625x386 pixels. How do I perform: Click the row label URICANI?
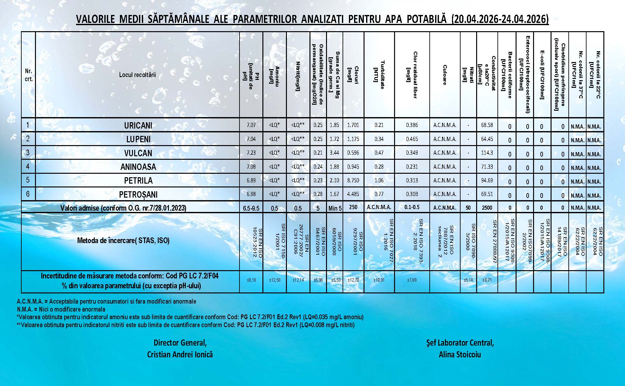click(x=138, y=125)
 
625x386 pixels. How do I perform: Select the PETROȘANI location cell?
click(x=138, y=194)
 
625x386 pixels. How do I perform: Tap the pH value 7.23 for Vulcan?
click(x=251, y=153)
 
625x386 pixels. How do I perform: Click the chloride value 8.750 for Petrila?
click(x=353, y=180)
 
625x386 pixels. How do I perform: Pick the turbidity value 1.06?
click(x=379, y=180)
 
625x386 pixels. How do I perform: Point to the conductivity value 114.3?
click(x=487, y=153)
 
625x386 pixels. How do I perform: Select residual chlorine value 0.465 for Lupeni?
click(x=412, y=139)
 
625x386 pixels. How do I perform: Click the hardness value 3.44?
click(x=334, y=153)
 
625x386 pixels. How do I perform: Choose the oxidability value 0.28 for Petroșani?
click(x=318, y=194)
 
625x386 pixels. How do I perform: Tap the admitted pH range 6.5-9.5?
click(x=251, y=208)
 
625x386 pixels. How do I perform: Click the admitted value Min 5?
click(x=335, y=208)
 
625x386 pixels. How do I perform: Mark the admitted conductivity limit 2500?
click(x=487, y=208)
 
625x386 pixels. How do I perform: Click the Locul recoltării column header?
click(x=137, y=75)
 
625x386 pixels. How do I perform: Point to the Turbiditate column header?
click(x=379, y=75)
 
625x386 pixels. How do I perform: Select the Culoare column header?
click(x=445, y=75)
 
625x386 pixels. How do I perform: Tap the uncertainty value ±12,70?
click(x=353, y=280)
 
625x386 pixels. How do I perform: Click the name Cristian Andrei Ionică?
click(x=180, y=354)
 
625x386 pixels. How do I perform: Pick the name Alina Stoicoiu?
click(x=460, y=354)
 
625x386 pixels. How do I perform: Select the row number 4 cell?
click(x=28, y=166)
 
